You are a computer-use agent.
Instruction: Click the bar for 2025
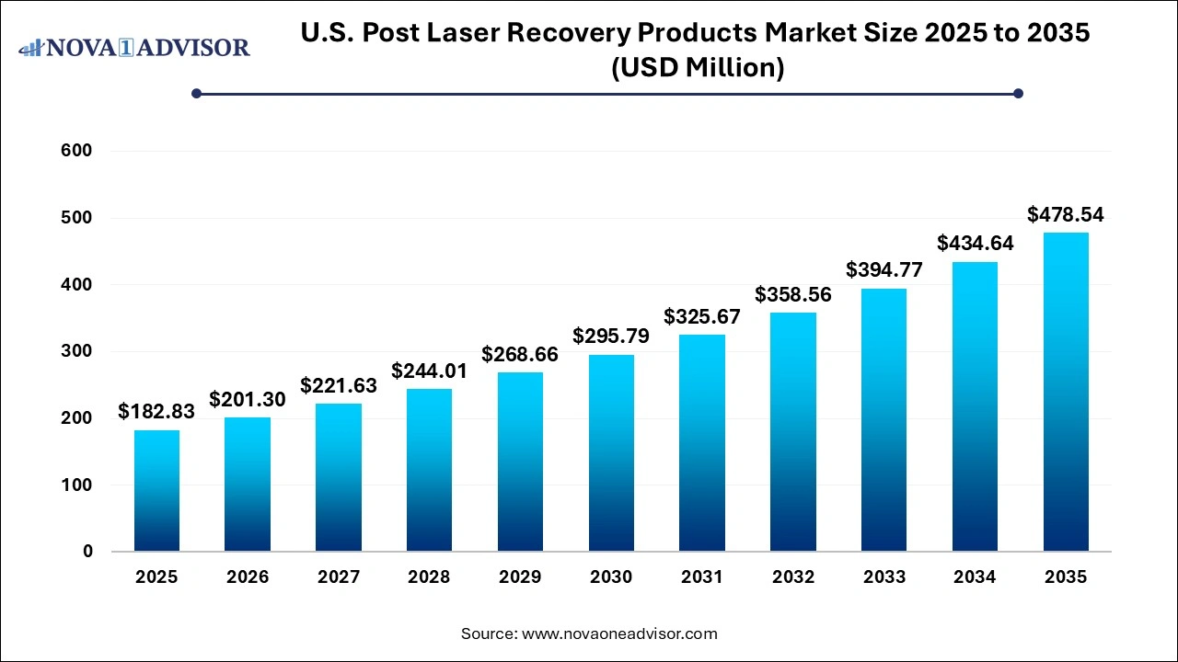156,491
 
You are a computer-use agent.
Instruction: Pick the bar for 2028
429,470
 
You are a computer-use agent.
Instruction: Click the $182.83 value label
156,412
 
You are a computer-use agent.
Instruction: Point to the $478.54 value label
1066,215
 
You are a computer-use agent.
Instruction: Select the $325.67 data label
702,317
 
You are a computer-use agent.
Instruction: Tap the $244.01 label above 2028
429,371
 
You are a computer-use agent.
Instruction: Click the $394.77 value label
884,271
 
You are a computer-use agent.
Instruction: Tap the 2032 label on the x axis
793,577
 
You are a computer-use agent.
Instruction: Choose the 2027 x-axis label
339,577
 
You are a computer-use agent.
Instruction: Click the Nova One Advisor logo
134,48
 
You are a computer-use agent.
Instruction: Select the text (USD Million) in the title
697,68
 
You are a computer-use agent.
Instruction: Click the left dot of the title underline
196,93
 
